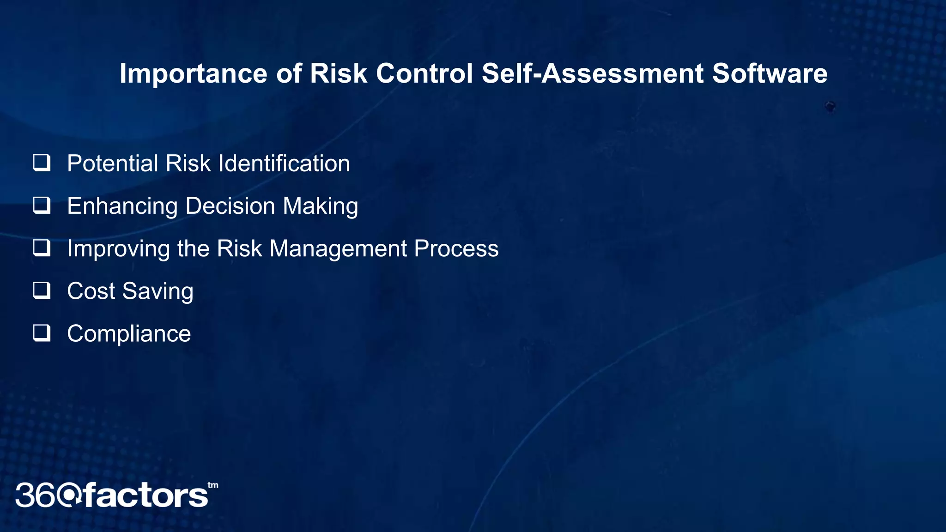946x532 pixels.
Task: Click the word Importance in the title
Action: click(x=193, y=74)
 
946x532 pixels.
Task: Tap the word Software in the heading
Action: click(x=770, y=74)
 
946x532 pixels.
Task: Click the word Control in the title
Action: click(x=424, y=74)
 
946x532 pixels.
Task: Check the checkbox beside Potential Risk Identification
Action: click(x=42, y=163)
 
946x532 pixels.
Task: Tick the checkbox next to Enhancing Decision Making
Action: click(x=42, y=206)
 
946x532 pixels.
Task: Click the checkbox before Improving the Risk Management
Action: click(x=42, y=248)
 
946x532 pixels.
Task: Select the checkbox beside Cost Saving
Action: click(x=42, y=290)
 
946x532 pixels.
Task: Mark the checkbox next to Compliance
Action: click(x=42, y=333)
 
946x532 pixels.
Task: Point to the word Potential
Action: click(x=113, y=163)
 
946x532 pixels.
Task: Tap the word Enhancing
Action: click(x=122, y=206)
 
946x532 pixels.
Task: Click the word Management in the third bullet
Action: click(x=338, y=249)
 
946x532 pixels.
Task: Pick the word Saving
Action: click(x=158, y=291)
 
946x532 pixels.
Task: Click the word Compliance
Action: click(x=129, y=334)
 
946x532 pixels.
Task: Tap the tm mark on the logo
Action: click(x=212, y=485)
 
